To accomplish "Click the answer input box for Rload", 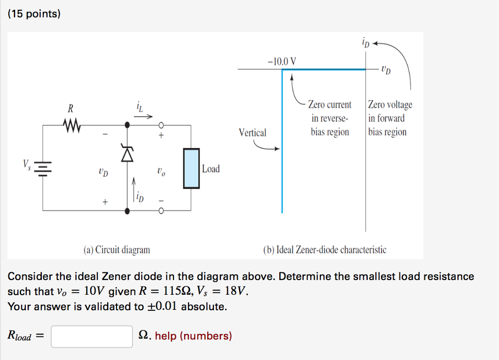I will (x=92, y=337).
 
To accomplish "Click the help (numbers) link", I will (x=193, y=336).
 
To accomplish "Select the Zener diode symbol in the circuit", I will (x=127, y=154).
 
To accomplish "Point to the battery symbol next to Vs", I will (x=43, y=168).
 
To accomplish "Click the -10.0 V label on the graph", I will (x=282, y=62).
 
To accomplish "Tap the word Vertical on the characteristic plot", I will (x=252, y=133).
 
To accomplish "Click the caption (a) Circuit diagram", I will (x=116, y=250).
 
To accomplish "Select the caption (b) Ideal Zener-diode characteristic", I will (x=325, y=250).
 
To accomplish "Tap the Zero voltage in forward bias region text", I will (x=389, y=118).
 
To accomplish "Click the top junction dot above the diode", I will (x=127, y=125).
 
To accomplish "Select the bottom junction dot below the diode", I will (x=127, y=211).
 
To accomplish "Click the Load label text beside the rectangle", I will (x=211, y=169).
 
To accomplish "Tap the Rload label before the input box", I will (x=19, y=336).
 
